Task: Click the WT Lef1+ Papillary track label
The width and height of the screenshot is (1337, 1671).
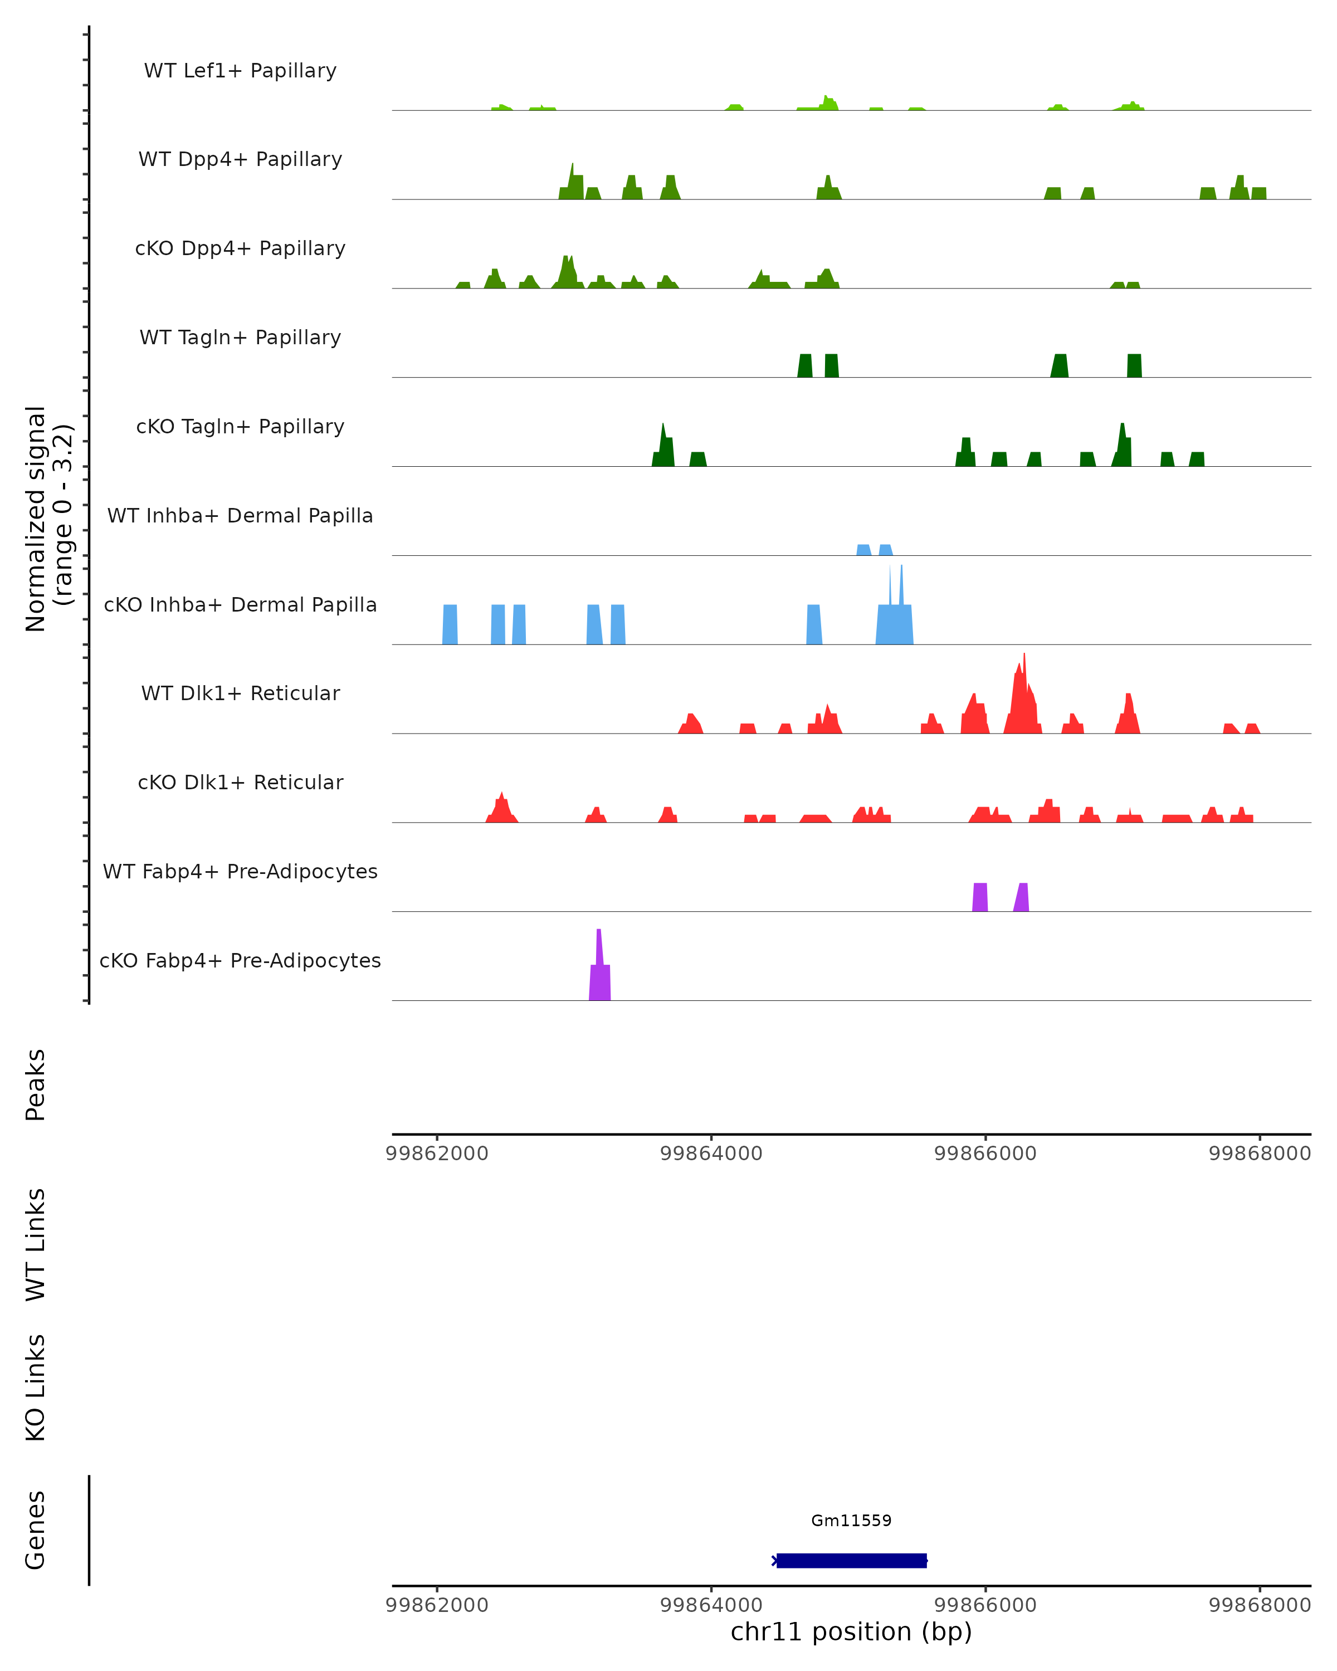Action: (240, 71)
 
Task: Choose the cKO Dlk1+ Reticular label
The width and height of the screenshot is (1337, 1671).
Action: (240, 782)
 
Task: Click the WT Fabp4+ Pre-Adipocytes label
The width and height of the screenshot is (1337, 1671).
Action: (240, 871)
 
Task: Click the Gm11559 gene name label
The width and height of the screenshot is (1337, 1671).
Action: (851, 1521)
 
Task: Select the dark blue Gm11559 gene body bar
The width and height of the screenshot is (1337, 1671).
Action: (851, 1561)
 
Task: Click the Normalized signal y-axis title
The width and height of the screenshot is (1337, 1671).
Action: (48, 519)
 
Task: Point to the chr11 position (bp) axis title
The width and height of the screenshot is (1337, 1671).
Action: (851, 1632)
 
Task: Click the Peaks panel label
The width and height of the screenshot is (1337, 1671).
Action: (36, 1085)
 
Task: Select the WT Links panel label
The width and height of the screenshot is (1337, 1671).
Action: (36, 1245)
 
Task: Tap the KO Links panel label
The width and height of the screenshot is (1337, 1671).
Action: (36, 1387)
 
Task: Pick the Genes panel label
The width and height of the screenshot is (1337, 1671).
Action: (36, 1530)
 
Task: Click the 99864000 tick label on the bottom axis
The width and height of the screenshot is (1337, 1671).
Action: (711, 1605)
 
